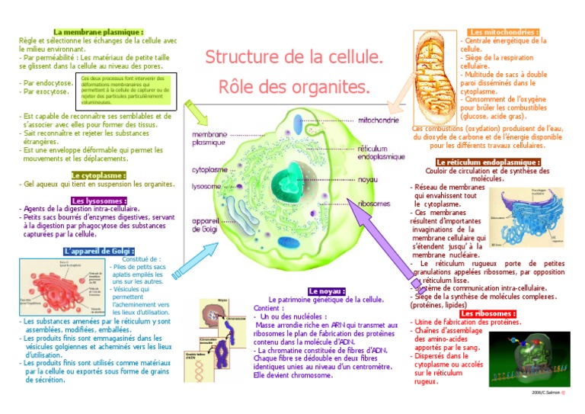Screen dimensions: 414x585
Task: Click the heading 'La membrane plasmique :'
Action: pyautogui.click(x=98, y=32)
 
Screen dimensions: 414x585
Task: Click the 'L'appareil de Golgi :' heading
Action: pyautogui.click(x=99, y=251)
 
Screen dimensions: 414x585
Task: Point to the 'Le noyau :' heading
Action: pyautogui.click(x=327, y=291)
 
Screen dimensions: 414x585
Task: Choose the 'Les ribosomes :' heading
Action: pyautogui.click(x=488, y=313)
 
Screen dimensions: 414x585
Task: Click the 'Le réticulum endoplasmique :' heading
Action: pyautogui.click(x=487, y=162)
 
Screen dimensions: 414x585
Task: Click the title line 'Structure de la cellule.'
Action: pyautogui.click(x=294, y=57)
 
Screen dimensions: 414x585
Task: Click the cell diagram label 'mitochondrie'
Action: pyautogui.click(x=378, y=120)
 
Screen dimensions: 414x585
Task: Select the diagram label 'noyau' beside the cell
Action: pyautogui.click(x=368, y=180)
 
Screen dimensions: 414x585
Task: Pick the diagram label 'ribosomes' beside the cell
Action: pyautogui.click(x=374, y=204)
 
